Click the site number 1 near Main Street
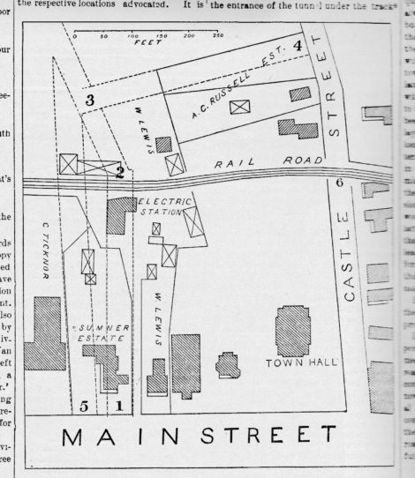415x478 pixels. pos(119,405)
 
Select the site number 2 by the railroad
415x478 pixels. pos(119,173)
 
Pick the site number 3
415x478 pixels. pos(90,100)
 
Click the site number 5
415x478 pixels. pos(84,406)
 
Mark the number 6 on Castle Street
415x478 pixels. pos(340,183)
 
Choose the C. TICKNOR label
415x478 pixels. pos(41,250)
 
